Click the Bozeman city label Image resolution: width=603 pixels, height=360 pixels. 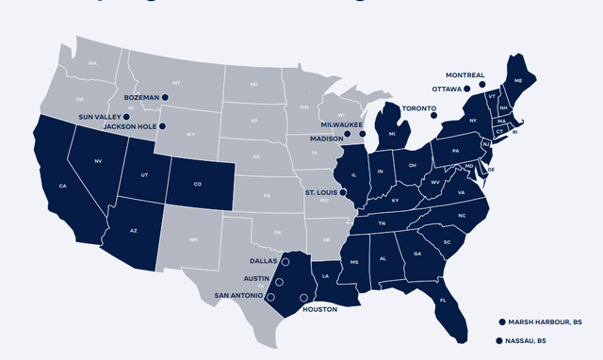[141, 96]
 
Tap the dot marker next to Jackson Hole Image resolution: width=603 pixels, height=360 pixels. [163, 125]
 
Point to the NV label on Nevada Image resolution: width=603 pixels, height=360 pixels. [98, 161]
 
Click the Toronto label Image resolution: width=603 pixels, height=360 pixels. [419, 108]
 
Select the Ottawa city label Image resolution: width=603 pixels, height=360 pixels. [446, 89]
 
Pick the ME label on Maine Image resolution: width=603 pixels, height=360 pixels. [517, 81]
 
